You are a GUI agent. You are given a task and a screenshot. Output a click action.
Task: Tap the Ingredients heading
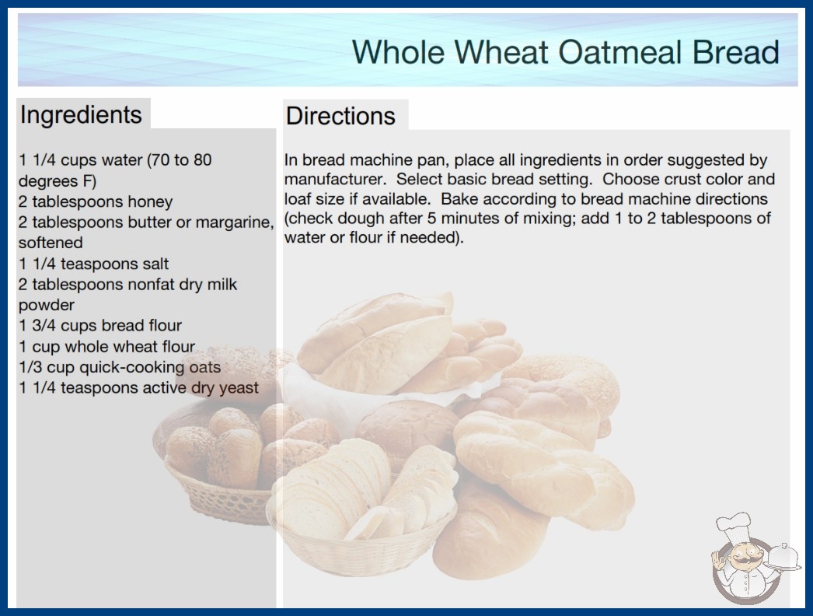(81, 115)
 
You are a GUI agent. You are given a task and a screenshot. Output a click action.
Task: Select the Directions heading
(340, 116)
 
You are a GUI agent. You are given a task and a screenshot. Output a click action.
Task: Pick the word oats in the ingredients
(205, 367)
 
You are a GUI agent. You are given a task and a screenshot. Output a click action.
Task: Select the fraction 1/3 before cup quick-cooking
(30, 367)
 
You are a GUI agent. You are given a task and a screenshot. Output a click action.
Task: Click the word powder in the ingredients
(47, 305)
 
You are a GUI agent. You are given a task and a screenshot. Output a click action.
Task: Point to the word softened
(51, 243)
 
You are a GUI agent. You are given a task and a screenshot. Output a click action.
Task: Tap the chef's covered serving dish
(783, 558)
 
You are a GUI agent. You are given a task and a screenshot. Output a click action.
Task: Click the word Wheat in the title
(501, 52)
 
